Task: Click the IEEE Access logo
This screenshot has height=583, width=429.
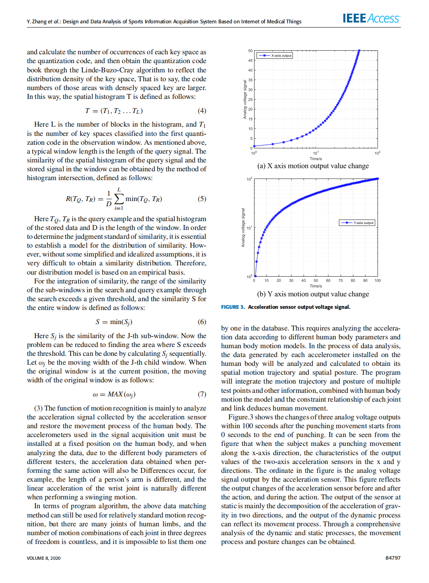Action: [x=371, y=18]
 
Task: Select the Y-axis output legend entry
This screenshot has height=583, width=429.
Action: [x=357, y=222]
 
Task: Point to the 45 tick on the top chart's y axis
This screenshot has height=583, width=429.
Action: [x=250, y=61]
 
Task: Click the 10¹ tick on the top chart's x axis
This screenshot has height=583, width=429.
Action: [x=316, y=153]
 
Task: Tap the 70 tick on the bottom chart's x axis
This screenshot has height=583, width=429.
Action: [x=341, y=281]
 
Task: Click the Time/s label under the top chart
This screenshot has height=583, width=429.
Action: [x=316, y=159]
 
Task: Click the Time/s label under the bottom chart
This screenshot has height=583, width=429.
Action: [x=316, y=286]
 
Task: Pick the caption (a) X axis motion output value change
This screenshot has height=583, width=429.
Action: [x=313, y=166]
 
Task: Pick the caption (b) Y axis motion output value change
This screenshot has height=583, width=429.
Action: [x=313, y=294]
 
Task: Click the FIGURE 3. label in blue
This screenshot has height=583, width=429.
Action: [x=233, y=307]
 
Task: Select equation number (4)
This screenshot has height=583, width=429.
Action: [x=202, y=111]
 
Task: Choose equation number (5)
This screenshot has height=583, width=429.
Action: [x=202, y=199]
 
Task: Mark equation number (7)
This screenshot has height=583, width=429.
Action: [x=202, y=394]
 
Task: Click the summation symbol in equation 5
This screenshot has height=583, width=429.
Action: [x=119, y=199]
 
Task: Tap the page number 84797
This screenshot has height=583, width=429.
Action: [x=393, y=558]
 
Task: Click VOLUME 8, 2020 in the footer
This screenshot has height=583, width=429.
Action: [x=44, y=558]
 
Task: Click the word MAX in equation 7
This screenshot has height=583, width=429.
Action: [x=115, y=394]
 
